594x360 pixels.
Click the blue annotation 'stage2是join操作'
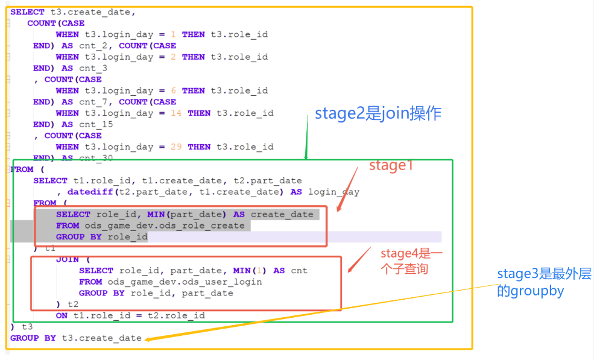378,113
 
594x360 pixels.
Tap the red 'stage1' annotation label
391,166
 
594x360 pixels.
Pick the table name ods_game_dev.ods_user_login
185,282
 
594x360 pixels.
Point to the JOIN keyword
67,259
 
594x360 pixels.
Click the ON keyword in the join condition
62,315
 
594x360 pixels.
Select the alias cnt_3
93,68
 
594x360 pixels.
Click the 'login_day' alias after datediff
333,192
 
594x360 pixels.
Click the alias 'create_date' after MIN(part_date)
282,214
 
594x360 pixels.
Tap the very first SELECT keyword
27,11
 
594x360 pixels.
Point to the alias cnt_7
93,102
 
